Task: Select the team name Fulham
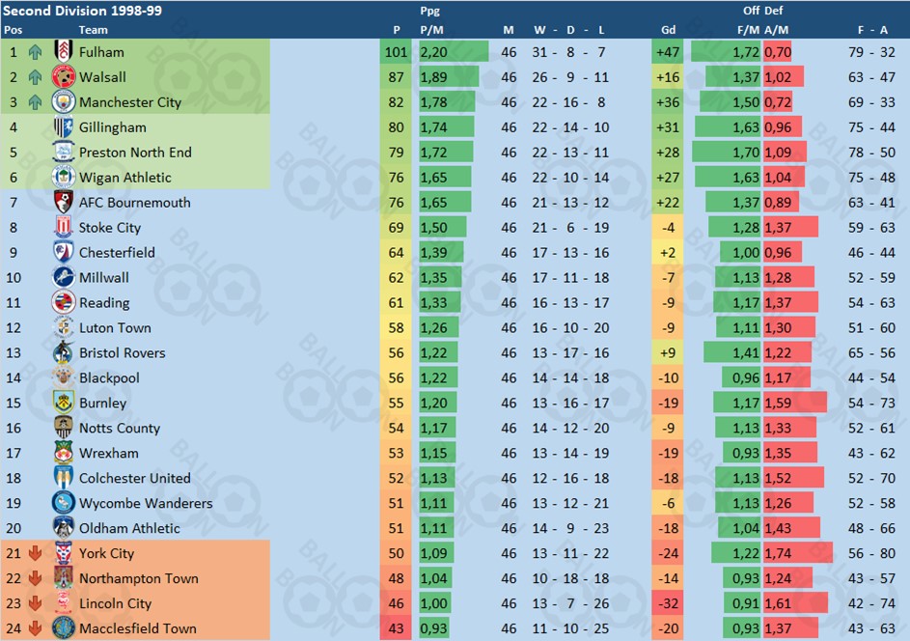click(x=101, y=52)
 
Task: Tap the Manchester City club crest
click(x=64, y=102)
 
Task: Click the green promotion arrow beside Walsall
click(x=36, y=77)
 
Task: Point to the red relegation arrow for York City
click(x=36, y=554)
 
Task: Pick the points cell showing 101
click(x=397, y=52)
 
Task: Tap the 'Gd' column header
click(x=668, y=30)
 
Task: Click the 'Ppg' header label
click(x=430, y=12)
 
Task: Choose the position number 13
click(x=14, y=353)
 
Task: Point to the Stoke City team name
click(x=110, y=228)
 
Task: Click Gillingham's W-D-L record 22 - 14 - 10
click(x=570, y=127)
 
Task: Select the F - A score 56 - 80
click(x=876, y=554)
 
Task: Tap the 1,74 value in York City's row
click(x=778, y=554)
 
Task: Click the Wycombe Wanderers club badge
click(x=64, y=503)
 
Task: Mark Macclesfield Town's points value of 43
click(x=397, y=628)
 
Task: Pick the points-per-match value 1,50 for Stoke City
click(x=433, y=228)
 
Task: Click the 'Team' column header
click(x=94, y=30)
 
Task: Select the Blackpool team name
click(x=109, y=378)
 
